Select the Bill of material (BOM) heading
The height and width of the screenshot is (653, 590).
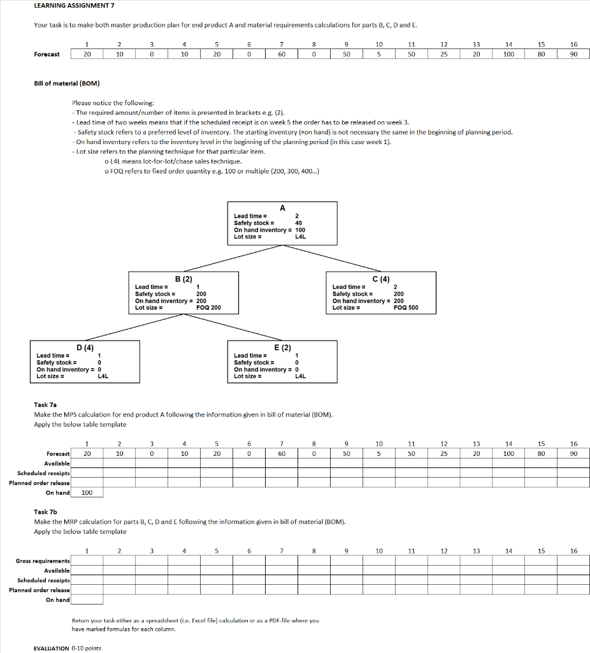point(67,84)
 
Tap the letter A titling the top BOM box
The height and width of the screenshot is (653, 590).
point(282,207)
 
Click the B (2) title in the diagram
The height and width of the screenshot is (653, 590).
point(183,279)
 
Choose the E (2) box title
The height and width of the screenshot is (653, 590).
point(282,347)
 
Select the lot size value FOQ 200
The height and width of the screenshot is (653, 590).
point(208,308)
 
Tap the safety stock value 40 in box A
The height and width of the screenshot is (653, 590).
point(298,223)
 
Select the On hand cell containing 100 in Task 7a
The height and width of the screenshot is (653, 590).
point(87,493)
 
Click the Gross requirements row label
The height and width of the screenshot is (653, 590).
point(43,561)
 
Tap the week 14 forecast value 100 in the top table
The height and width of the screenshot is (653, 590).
point(508,54)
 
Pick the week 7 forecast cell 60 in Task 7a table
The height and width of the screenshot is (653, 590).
point(282,453)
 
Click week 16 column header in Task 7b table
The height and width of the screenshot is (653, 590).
point(573,551)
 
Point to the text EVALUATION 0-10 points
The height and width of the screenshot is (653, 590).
point(67,648)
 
